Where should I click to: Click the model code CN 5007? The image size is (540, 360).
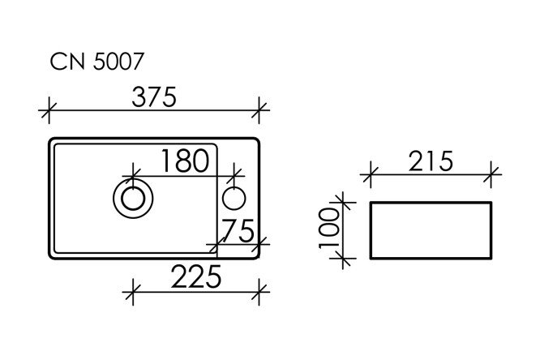[x=98, y=62]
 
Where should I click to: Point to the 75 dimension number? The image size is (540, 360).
[x=241, y=232]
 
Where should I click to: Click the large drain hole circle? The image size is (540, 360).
[x=131, y=197]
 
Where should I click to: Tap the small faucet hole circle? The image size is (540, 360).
[x=235, y=197]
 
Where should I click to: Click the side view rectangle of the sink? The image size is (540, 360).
[x=431, y=230]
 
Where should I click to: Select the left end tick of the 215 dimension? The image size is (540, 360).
[x=371, y=172]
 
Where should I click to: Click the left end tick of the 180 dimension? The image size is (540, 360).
[x=131, y=172]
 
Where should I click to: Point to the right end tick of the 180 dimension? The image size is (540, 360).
[x=235, y=172]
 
